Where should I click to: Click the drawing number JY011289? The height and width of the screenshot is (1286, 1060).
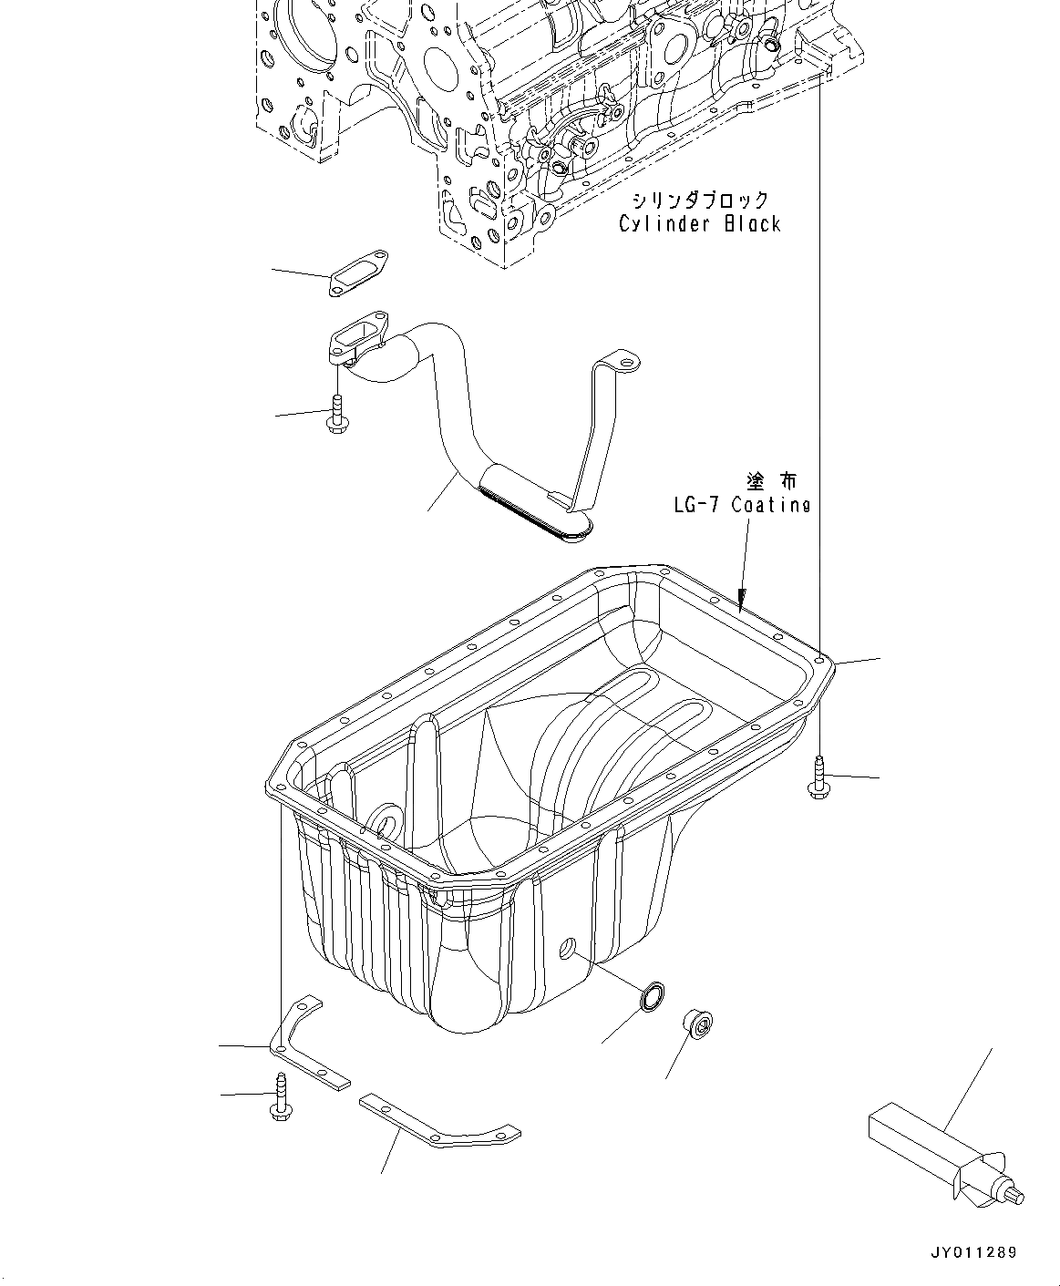coord(974,1253)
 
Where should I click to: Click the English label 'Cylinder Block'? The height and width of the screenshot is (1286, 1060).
coord(700,223)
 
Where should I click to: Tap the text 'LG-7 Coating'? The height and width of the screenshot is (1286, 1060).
coord(742,504)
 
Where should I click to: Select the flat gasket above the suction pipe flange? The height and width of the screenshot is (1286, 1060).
coord(357,274)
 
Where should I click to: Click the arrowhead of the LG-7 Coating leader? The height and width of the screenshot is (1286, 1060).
coord(742,602)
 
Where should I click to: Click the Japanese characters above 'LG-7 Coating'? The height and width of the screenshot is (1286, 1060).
coord(771,480)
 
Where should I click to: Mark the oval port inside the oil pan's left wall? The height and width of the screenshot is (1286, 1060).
coord(385,820)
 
